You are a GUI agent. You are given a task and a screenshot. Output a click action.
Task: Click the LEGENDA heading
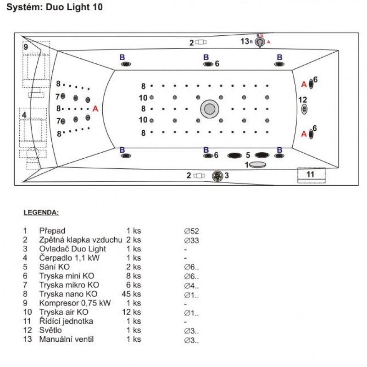(41, 213)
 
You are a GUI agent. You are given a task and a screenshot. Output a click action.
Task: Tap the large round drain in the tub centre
(210, 109)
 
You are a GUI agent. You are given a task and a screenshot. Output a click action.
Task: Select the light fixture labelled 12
(304, 109)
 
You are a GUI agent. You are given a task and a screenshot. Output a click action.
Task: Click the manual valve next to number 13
(260, 42)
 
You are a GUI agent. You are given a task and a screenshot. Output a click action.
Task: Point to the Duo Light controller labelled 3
(217, 175)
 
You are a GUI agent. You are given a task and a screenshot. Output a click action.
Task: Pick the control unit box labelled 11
(311, 174)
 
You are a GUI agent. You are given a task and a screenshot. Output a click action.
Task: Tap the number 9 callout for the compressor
(26, 47)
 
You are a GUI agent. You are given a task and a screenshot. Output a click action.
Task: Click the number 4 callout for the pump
(24, 114)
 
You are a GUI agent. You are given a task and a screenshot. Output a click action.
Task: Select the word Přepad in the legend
(52, 231)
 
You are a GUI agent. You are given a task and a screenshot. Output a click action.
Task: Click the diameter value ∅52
(191, 231)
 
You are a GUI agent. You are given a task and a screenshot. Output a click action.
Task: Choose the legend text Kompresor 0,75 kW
(75, 303)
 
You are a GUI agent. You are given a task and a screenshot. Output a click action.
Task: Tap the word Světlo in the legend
(50, 330)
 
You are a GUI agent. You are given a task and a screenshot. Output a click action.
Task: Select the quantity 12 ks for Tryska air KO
(133, 312)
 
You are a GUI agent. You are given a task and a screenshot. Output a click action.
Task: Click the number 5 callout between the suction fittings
(248, 155)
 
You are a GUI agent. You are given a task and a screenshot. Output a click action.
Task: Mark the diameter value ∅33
(191, 240)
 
